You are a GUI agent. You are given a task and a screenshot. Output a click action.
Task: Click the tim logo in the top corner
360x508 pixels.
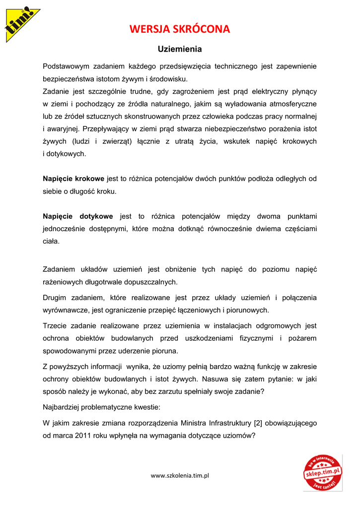point(21,22)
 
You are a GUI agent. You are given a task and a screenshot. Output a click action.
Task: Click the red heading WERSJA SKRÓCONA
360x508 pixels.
point(180,29)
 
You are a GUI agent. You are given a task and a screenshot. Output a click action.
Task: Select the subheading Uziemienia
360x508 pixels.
point(180,49)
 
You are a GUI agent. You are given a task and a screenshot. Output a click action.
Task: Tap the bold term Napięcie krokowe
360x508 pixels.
point(73,179)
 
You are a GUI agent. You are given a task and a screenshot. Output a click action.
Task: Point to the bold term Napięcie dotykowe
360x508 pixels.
point(78,216)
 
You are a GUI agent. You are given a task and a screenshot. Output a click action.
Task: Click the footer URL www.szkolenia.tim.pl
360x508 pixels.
point(180,475)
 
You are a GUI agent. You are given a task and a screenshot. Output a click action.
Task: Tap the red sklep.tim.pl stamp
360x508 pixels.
point(323,472)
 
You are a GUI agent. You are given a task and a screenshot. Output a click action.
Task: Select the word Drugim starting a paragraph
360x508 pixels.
point(55,298)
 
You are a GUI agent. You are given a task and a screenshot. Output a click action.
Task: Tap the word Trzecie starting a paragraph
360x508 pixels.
point(56,326)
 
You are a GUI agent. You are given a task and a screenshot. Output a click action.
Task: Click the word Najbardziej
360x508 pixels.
point(63,407)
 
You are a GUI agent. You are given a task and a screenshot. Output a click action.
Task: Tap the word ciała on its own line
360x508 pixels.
point(51,242)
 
